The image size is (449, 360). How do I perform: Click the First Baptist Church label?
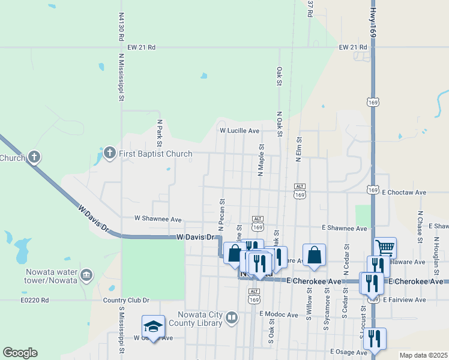pos(155,154)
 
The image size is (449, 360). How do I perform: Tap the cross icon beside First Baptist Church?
pos(109,154)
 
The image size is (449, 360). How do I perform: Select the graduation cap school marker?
pos(153,326)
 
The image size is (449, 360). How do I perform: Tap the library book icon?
pos(231,319)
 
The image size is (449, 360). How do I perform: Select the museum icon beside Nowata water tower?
pos(86,275)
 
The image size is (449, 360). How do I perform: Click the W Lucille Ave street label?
pos(239,130)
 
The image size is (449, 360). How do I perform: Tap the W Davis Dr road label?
pos(196,238)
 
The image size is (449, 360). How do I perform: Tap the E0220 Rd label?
pos(35,300)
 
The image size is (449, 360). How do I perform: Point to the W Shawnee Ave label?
pos(158,220)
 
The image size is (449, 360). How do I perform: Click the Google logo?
pos(20,353)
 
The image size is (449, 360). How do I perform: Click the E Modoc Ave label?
pos(279,314)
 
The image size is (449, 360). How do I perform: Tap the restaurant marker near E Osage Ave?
pos(375,338)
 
